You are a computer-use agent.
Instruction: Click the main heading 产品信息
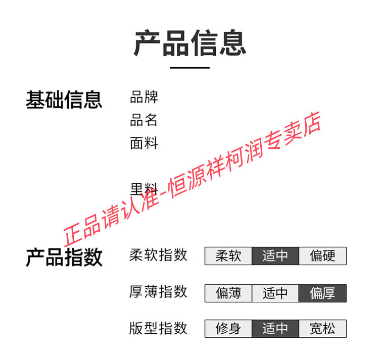pyautogui.click(x=189, y=43)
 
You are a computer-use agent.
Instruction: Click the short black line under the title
pyautogui.click(x=189, y=68)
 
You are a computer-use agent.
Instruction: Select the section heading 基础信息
pyautogui.click(x=64, y=99)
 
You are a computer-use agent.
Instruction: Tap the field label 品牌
pyautogui.click(x=144, y=97)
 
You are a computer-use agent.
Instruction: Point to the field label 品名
pyautogui.click(x=144, y=120)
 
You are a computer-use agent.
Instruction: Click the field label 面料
pyautogui.click(x=144, y=143)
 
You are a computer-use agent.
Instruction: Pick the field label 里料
pyautogui.click(x=144, y=189)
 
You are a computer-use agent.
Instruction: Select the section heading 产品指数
pyautogui.click(x=64, y=258)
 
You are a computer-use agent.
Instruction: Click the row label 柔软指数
pyautogui.click(x=158, y=255)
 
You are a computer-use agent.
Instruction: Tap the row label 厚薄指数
pyautogui.click(x=158, y=292)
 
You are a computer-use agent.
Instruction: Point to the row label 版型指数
pyautogui.click(x=158, y=328)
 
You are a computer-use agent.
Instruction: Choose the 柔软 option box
pyautogui.click(x=228, y=256)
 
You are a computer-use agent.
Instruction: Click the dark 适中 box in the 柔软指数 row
pyautogui.click(x=275, y=256)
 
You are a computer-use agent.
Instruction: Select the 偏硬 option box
pyautogui.click(x=323, y=256)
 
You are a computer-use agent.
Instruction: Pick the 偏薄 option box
pyautogui.click(x=228, y=293)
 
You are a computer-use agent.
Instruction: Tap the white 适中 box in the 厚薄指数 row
pyautogui.click(x=275, y=293)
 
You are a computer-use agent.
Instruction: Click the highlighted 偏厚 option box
pyautogui.click(x=323, y=293)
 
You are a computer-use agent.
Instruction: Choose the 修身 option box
pyautogui.click(x=228, y=329)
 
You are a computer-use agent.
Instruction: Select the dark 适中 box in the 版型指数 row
pyautogui.click(x=275, y=329)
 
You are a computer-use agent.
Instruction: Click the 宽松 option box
pyautogui.click(x=323, y=329)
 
